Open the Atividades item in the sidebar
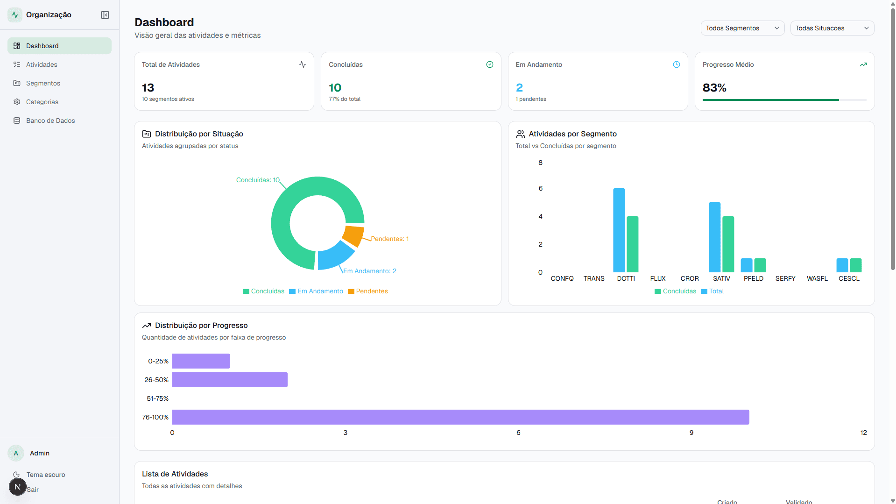42,64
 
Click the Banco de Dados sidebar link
50,121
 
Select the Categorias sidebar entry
42,102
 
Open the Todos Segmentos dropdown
742,28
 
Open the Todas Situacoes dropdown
832,28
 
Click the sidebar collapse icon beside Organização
105,15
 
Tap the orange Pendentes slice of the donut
353,235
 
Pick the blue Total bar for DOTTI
619,230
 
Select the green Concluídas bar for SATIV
728,244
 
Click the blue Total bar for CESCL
842,265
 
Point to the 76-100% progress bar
460,417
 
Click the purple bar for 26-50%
230,380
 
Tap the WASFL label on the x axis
817,278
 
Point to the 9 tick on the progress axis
691,433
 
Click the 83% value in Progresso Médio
714,88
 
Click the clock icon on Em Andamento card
676,64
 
